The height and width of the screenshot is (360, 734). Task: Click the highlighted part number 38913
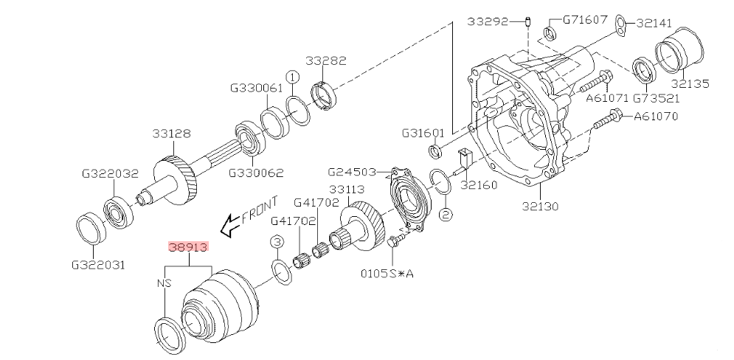[188, 248]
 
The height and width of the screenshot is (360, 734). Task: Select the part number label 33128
[172, 134]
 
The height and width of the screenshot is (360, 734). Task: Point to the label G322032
[110, 175]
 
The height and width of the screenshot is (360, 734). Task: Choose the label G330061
[256, 87]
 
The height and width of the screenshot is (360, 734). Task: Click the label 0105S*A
[387, 273]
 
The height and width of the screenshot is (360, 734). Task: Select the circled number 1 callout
[292, 76]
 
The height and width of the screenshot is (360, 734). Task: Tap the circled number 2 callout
[445, 215]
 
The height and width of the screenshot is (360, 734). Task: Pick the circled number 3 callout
[276, 242]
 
